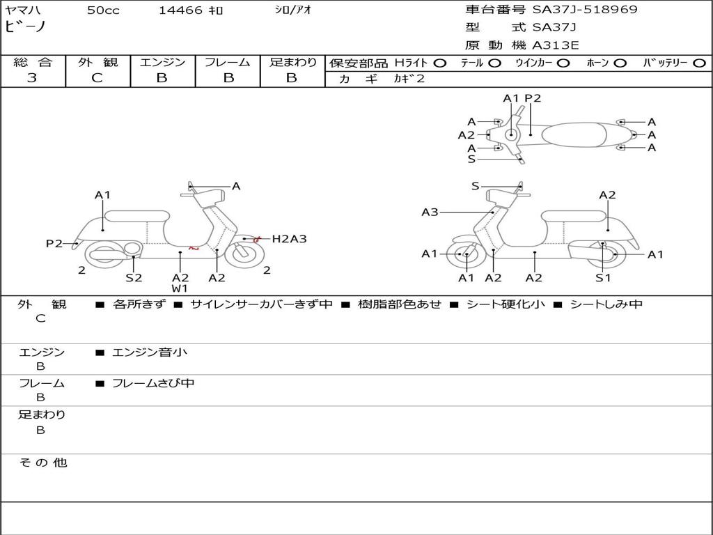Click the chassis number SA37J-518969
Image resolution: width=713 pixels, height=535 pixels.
coord(585,9)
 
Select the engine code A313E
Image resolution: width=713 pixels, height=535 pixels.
coord(555,45)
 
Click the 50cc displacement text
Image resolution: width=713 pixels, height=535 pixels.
coord(103,10)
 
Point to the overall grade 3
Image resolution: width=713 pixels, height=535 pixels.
coord(32,78)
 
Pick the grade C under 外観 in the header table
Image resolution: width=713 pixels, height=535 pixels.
coord(97,78)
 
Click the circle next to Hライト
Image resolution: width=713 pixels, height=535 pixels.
coord(440,63)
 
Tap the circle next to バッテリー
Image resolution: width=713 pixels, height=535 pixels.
coord(699,63)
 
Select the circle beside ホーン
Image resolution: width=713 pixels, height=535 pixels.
coord(620,63)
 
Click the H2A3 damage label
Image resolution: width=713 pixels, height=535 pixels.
coord(289,239)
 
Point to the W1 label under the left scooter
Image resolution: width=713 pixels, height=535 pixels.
coord(180,288)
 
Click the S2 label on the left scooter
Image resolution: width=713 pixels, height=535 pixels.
coord(134,277)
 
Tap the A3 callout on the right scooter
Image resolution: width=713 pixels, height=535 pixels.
coord(430,212)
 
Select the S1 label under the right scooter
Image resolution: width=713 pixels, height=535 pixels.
coord(603,277)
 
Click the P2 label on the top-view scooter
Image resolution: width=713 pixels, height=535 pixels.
coord(533,98)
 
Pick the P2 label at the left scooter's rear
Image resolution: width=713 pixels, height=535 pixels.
coord(54,244)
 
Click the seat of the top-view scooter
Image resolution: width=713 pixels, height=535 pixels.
coord(574,134)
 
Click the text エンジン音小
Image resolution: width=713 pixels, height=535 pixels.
coord(150,352)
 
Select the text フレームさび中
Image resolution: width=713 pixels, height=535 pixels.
coord(153,384)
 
